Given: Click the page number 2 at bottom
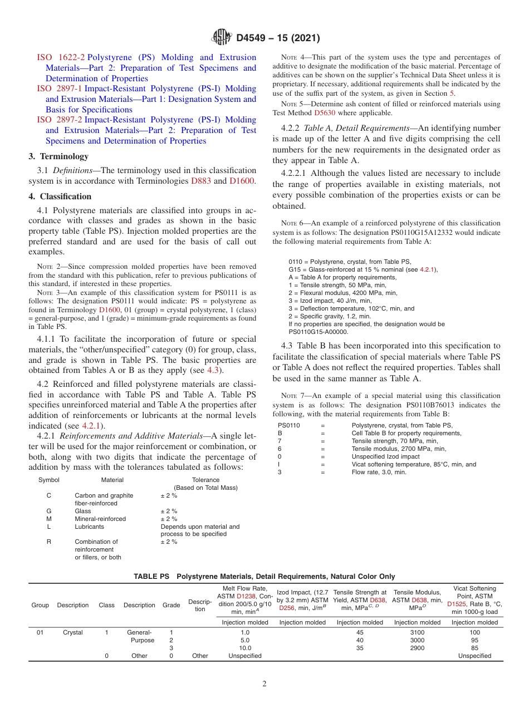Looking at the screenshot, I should [264, 684].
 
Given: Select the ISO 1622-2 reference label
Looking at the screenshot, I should [61, 57].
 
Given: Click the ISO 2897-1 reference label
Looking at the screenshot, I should [61, 88].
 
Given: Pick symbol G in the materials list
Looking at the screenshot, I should [49, 511].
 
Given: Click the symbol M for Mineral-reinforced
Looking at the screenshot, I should [49, 519].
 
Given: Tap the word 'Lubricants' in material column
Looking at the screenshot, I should [89, 527].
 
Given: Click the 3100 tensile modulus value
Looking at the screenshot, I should [417, 632].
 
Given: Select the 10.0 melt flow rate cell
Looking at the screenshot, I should [245, 648].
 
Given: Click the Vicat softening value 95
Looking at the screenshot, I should [474, 640].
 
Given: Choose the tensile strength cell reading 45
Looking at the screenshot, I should [360, 632].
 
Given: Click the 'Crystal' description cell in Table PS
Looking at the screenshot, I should [72, 632].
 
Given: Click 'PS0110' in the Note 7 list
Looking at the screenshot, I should [289, 425].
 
